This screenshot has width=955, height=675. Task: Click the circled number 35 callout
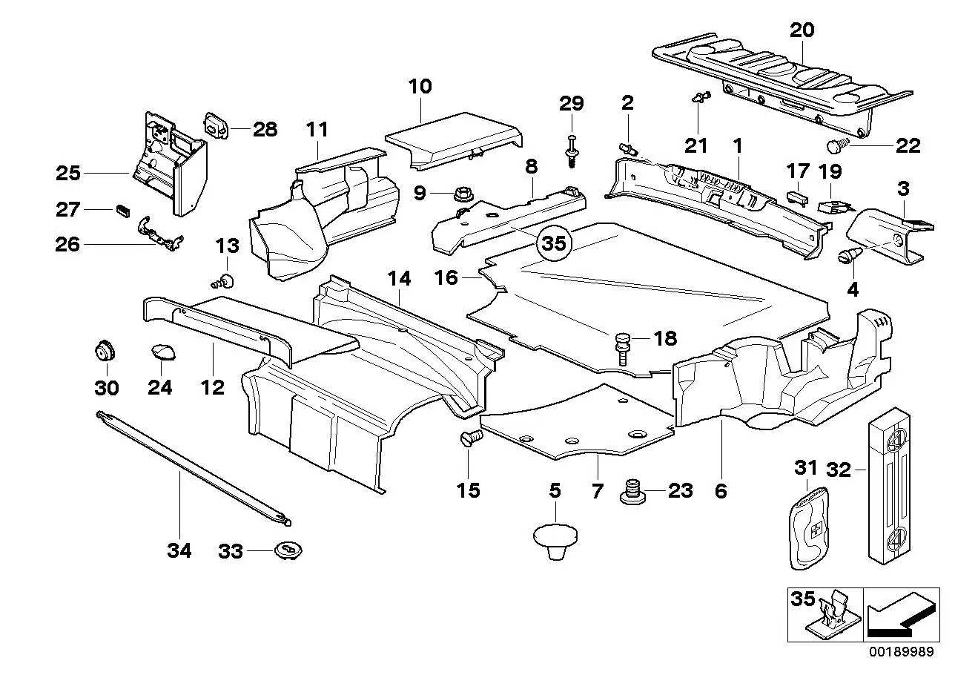pos(554,243)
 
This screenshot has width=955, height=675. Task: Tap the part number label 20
pos(802,30)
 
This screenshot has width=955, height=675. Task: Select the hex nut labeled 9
pos(462,194)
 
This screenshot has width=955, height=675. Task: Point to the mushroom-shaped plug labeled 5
pos(555,542)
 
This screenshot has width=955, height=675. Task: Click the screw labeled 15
pos(471,438)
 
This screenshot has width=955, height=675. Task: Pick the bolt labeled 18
pos(623,349)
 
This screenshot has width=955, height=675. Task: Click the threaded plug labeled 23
pos(632,493)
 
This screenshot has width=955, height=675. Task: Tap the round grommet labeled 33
pos(288,551)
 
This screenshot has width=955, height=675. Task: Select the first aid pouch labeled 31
pos(809,529)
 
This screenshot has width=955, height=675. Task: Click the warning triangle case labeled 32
pos(890,486)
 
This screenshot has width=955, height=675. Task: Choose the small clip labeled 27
pos(123,211)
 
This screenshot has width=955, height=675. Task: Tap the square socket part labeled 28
pos(217,126)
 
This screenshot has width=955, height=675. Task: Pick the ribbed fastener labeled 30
pos(105,351)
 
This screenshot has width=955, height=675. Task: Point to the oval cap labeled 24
pos(163,352)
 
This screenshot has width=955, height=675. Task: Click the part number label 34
pos(179,550)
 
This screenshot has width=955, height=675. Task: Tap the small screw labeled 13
pos(223,281)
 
